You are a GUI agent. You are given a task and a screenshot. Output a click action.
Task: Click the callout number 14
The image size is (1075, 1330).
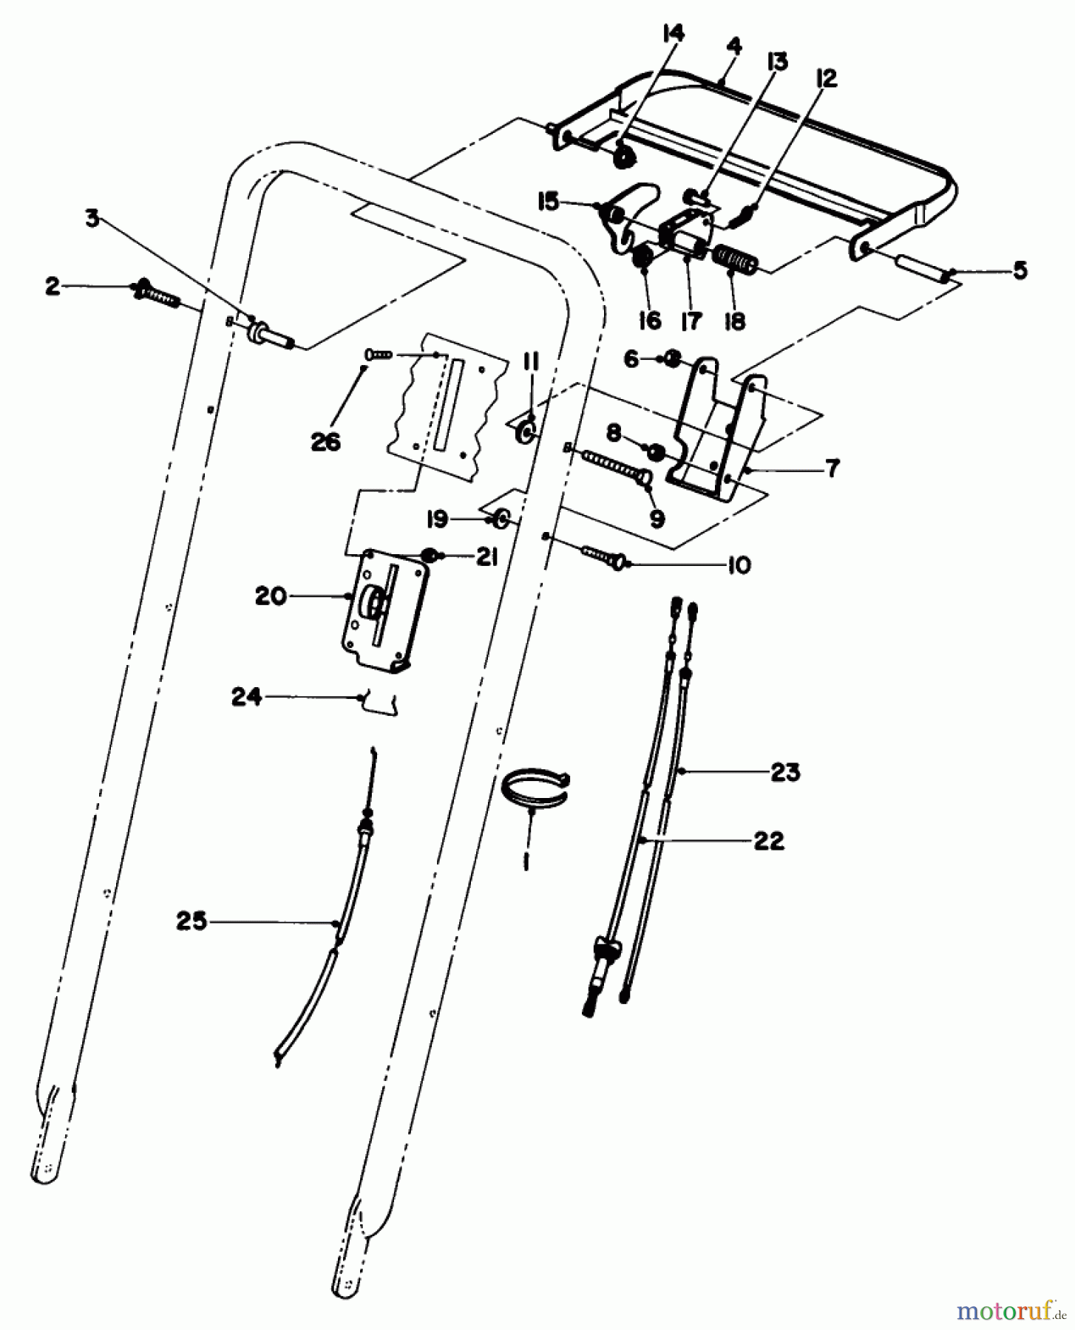pyautogui.click(x=674, y=34)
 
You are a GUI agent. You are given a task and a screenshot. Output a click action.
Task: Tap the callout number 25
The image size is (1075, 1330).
pyautogui.click(x=191, y=922)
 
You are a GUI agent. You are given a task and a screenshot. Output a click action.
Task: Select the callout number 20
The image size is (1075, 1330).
pyautogui.click(x=271, y=596)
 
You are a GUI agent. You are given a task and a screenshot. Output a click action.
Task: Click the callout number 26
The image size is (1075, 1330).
pyautogui.click(x=326, y=442)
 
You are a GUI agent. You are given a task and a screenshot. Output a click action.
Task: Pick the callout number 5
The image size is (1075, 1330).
pyautogui.click(x=1020, y=270)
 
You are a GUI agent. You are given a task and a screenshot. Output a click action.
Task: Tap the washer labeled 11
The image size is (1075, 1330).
pyautogui.click(x=526, y=432)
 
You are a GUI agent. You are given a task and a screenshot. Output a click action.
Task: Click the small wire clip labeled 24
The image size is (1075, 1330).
pyautogui.click(x=379, y=703)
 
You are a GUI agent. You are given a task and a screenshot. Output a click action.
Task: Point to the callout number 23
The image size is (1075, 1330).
pyautogui.click(x=784, y=773)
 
